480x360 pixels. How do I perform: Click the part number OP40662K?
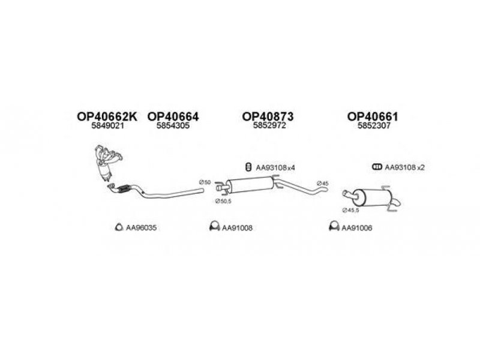coord(107,116)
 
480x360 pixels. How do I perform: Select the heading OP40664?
coord(173,116)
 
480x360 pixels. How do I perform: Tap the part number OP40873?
coord(268,116)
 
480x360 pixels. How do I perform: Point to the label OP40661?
coord(373,116)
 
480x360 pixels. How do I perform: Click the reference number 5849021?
coord(108,125)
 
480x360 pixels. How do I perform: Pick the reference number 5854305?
coord(173,125)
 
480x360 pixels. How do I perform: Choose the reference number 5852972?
coord(269,125)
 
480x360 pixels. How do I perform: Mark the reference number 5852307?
coord(374,125)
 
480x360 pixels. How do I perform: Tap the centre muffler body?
coord(250,185)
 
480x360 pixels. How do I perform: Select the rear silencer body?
coord(372,198)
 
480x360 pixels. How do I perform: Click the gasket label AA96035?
coord(141,228)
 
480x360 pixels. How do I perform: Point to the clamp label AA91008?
coord(237,228)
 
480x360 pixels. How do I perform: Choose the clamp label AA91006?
coord(356,228)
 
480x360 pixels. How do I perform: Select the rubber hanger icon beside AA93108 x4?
coord(248,167)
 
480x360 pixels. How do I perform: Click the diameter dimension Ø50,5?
coord(223,201)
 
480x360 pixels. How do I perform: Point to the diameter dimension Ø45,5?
coord(350,211)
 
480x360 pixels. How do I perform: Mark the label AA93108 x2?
coord(404,167)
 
